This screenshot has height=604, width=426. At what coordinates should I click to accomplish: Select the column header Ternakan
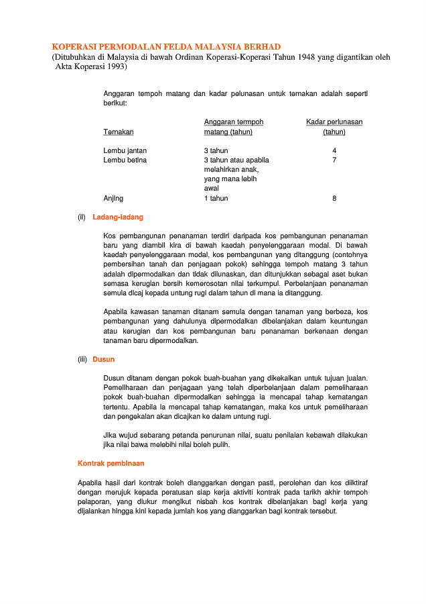[x=118, y=132]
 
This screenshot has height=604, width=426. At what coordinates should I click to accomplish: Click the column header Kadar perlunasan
[x=334, y=122]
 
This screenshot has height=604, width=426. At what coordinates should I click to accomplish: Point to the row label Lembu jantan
[x=125, y=151]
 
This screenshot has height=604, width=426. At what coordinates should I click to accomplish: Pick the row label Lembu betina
[x=125, y=160]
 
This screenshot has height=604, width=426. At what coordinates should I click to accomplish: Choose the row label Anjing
[x=113, y=199]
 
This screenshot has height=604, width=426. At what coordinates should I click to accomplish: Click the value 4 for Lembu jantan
[x=334, y=151]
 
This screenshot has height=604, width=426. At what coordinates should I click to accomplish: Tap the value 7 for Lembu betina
[x=334, y=160]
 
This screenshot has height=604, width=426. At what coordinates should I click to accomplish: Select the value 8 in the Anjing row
[x=334, y=199]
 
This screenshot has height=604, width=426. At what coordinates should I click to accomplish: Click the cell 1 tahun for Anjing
[x=216, y=199]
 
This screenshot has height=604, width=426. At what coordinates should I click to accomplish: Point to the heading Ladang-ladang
[x=118, y=217]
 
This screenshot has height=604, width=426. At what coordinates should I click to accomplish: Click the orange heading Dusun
[x=104, y=359]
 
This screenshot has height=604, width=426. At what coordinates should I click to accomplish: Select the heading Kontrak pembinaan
[x=111, y=463]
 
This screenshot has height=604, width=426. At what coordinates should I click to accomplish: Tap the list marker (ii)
[x=82, y=217]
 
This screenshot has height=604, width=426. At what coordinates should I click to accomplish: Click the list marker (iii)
[x=82, y=359]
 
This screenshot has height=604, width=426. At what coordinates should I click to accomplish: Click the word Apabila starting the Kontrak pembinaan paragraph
[x=90, y=482]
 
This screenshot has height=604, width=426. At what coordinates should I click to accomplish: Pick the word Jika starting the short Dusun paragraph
[x=110, y=435]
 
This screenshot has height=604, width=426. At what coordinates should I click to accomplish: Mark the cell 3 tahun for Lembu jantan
[x=216, y=151]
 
